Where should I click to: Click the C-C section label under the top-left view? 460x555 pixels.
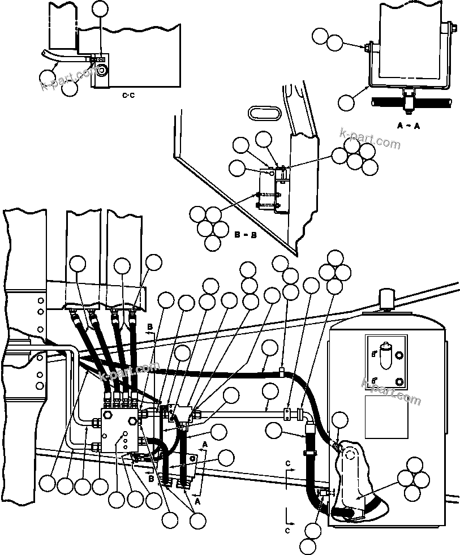pos(128,96)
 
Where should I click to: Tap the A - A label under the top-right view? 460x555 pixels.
pos(408,126)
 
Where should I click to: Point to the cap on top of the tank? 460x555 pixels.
pos(386,298)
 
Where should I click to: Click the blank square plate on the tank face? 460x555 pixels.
pos(386,416)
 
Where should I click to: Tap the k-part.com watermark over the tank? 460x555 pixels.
pos(390,390)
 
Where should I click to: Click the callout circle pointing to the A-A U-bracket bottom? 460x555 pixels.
pos(346,103)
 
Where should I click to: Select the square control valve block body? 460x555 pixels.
pos(121,428)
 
